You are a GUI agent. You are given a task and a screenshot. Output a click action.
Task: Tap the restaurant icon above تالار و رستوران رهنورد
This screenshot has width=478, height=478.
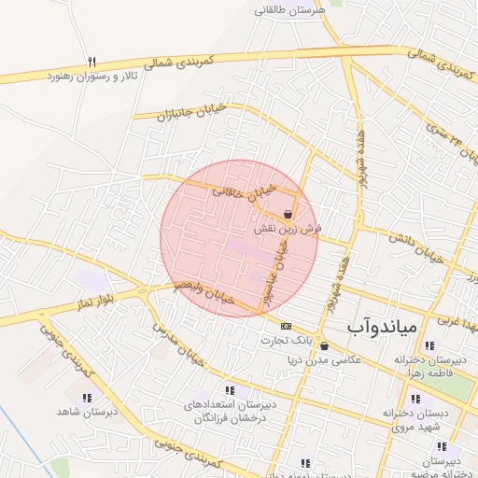pyautogui.click(x=91, y=61)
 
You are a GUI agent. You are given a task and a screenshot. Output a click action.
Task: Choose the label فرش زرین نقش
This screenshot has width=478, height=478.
pyautogui.click(x=287, y=228)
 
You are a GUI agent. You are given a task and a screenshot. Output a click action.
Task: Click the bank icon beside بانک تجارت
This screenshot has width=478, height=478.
pyautogui.click(x=286, y=326)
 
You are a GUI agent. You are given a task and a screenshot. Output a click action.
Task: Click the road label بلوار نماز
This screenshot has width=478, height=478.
pyautogui.click(x=95, y=307)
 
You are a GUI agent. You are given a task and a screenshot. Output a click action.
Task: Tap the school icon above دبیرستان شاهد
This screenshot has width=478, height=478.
pyautogui.click(x=87, y=398)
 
